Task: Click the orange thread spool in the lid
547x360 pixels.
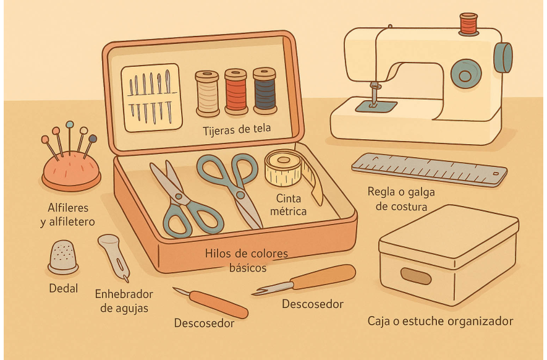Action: pyautogui.click(x=235, y=92)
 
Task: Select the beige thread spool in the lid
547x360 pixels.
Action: pyautogui.click(x=207, y=93)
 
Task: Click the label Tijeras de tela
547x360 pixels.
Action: pyautogui.click(x=237, y=131)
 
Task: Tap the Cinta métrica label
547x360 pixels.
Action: pyautogui.click(x=291, y=205)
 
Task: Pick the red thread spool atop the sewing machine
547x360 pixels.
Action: pyautogui.click(x=468, y=23)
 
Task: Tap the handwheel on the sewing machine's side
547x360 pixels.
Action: pyautogui.click(x=503, y=58)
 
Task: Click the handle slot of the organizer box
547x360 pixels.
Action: pyautogui.click(x=415, y=276)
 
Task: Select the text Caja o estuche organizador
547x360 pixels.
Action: pyautogui.click(x=440, y=322)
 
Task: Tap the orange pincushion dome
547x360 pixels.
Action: pyautogui.click(x=71, y=169)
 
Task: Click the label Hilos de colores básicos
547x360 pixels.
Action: pyautogui.click(x=247, y=261)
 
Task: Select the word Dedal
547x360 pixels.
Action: pyautogui.click(x=64, y=288)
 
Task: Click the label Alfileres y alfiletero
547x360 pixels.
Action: pyautogui.click(x=69, y=214)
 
